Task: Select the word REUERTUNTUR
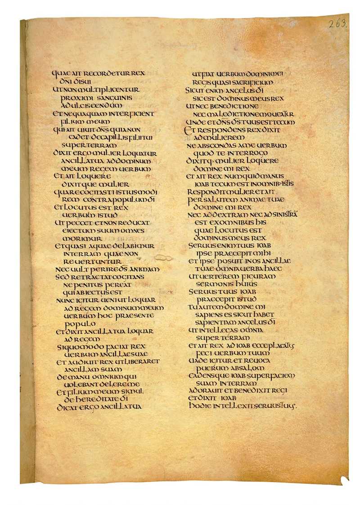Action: coord(93,262)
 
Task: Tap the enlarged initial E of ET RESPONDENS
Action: coord(188,130)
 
